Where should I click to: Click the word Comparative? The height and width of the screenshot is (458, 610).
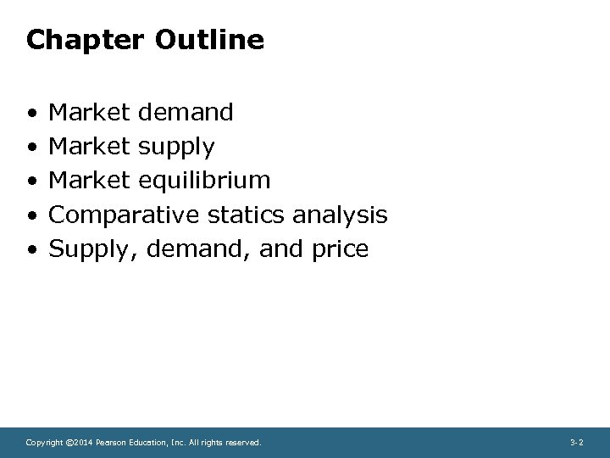pyautogui.click(x=124, y=215)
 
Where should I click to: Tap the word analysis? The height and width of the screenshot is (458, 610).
pyautogui.click(x=339, y=215)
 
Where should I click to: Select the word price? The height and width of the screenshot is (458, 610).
pyautogui.click(x=338, y=250)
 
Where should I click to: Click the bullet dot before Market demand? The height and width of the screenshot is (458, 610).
pyautogui.click(x=31, y=113)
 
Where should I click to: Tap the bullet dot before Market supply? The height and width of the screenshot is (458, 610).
pyautogui.click(x=31, y=147)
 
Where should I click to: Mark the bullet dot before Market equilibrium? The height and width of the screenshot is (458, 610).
pyautogui.click(x=31, y=182)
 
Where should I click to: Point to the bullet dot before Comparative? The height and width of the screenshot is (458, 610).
pyautogui.click(x=31, y=215)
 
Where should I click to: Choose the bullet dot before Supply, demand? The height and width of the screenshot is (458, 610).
pyautogui.click(x=31, y=250)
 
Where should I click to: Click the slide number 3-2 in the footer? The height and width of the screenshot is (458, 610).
pyautogui.click(x=576, y=443)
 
